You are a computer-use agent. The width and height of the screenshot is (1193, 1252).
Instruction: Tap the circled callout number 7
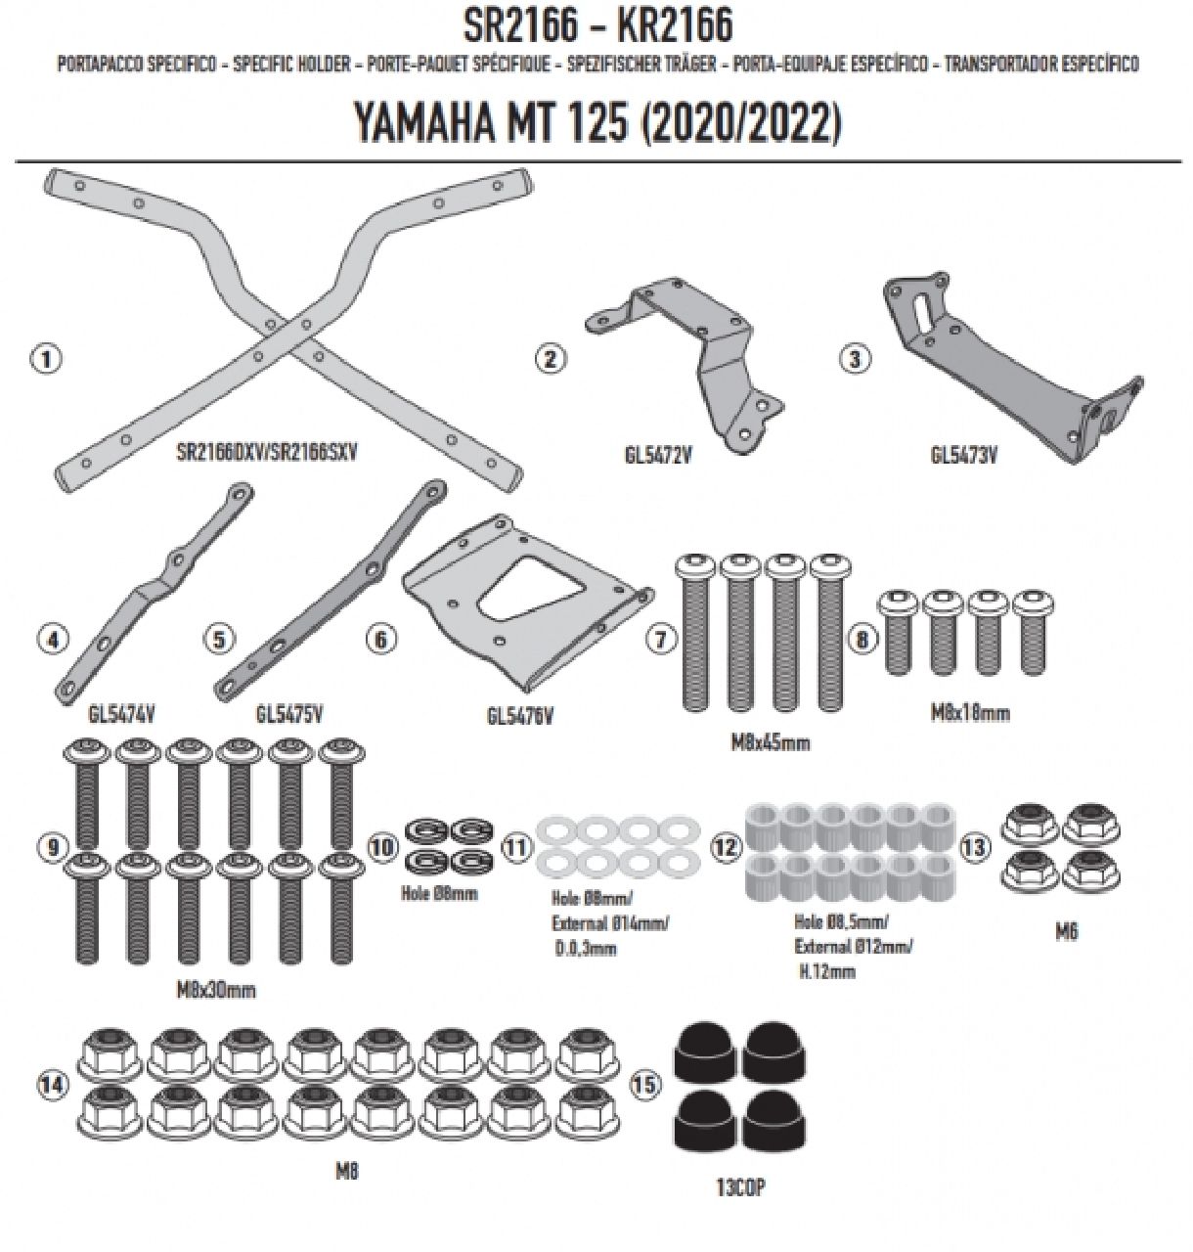[x=662, y=639]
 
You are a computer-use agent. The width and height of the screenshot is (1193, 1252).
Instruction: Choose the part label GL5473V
[x=964, y=454]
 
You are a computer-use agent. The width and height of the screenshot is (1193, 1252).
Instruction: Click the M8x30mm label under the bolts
[x=216, y=990]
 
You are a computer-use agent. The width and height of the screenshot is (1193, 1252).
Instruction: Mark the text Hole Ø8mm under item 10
[x=439, y=893]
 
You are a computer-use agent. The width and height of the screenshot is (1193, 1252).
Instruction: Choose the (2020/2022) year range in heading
[x=740, y=124]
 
